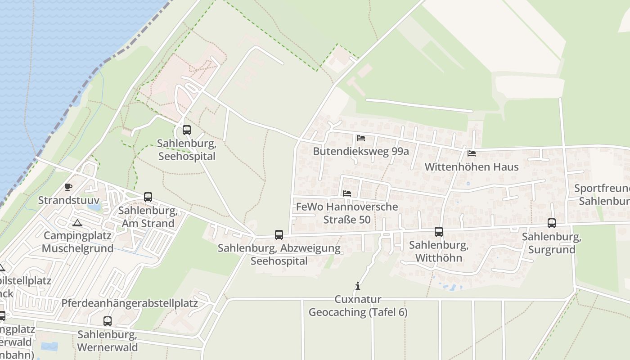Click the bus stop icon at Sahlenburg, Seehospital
[186, 130]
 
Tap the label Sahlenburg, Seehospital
[186, 150]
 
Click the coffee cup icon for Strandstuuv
[68, 187]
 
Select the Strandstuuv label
[69, 200]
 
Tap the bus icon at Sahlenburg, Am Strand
[148, 197]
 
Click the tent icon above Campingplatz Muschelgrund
[77, 223]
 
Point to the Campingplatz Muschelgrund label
[78, 242]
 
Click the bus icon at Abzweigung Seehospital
[279, 234]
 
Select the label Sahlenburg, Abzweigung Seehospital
[279, 254]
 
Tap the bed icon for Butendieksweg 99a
[360, 138]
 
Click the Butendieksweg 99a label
[361, 151]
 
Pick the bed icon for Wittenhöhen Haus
[472, 153]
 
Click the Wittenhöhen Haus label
[472, 167]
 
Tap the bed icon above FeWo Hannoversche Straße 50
[347, 193]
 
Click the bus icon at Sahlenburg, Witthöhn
[439, 232]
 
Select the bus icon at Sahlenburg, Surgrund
[552, 223]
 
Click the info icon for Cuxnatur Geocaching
[358, 286]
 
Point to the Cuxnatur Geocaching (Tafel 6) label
[358, 306]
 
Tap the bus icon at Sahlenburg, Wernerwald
[108, 321]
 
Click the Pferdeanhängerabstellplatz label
[130, 303]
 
